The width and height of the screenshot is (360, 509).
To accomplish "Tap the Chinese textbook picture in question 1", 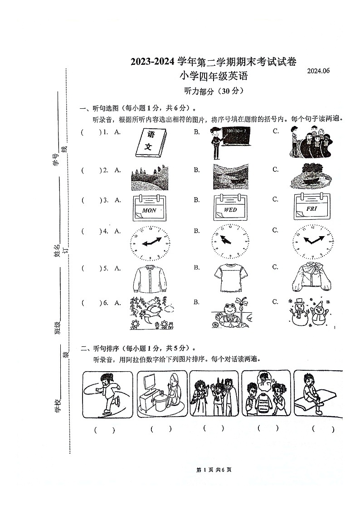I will (x=150, y=143).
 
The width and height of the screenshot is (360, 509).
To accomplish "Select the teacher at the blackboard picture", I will (x=230, y=142).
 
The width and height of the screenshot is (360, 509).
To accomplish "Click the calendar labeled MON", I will (x=149, y=208).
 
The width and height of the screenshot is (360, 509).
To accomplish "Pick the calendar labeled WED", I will (x=231, y=208).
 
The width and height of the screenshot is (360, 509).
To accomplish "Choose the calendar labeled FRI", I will (x=311, y=208).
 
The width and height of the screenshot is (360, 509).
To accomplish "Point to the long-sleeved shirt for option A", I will (x=150, y=278).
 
